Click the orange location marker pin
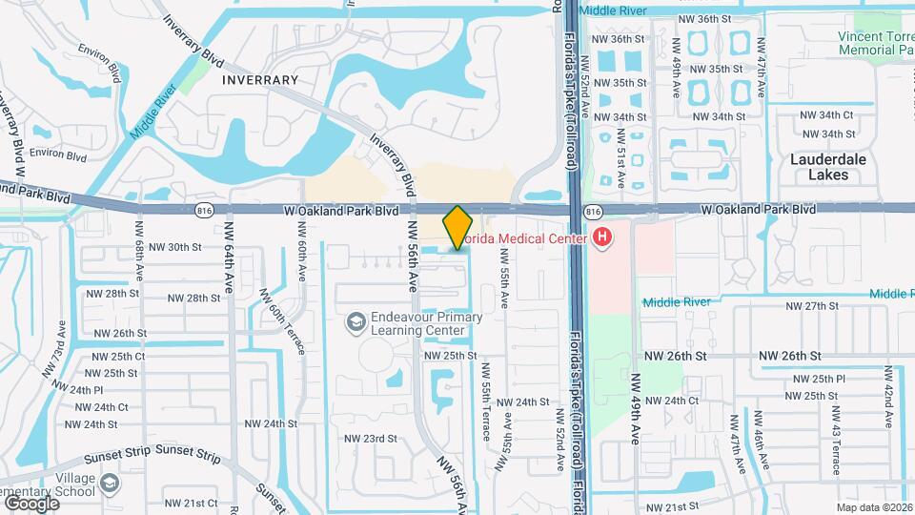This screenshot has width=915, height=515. [457, 227]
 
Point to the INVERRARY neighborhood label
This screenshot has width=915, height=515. [260, 80]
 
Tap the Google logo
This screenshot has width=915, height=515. [31, 503]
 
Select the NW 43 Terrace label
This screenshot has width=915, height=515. [836, 441]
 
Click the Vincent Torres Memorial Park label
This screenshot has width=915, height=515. [876, 42]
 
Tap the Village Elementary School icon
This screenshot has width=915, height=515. [110, 484]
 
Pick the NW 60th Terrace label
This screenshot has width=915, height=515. [285, 324]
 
